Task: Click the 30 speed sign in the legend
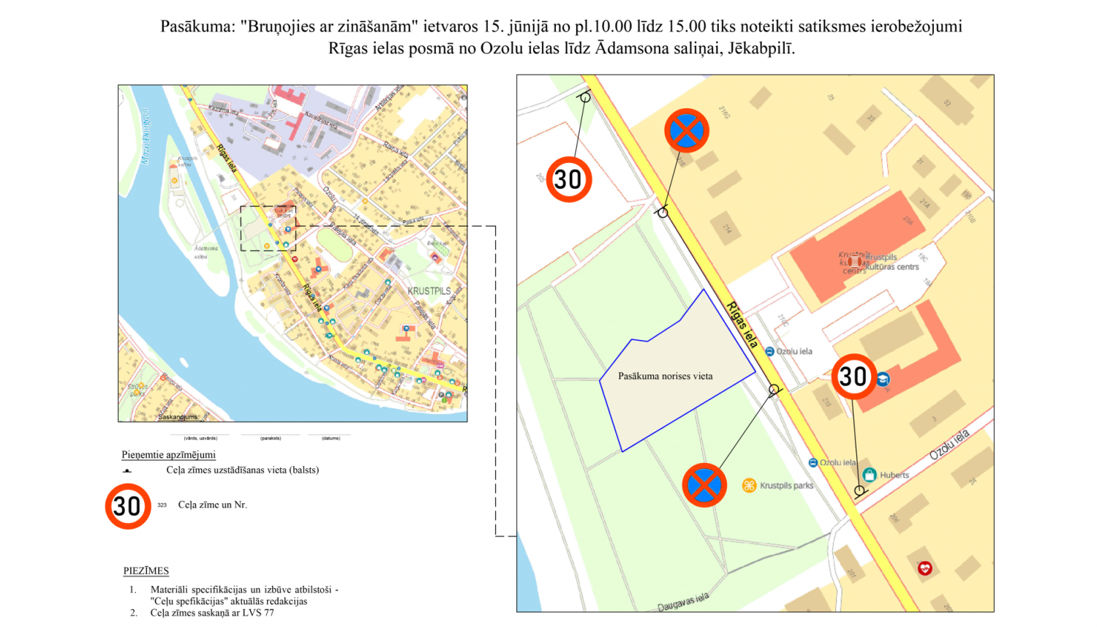pos(128,505)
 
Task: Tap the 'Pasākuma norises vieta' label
pos(665,376)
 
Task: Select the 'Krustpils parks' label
pos(786,485)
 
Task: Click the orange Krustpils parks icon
pos(749,485)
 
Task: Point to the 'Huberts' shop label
pos(894,475)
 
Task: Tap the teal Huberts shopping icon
pos(870,474)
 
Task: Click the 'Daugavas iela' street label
pos(683,602)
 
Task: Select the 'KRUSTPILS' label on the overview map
pos(429,291)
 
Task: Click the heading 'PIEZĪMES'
pos(146,570)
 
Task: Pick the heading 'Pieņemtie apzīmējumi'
pos(168,454)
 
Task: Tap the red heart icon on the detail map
pos(925,568)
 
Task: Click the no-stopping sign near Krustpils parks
pos(704,485)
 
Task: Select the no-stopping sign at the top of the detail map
pos(687,131)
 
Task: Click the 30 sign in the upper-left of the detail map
pos(568,179)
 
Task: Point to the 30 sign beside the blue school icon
pos(853,377)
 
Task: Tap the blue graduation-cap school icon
pos(883,379)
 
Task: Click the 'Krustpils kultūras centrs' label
pos(891,262)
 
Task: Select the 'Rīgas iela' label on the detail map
pos(742,324)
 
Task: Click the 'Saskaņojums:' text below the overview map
pos(178,417)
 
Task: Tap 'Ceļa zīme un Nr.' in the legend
pos(212,505)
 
